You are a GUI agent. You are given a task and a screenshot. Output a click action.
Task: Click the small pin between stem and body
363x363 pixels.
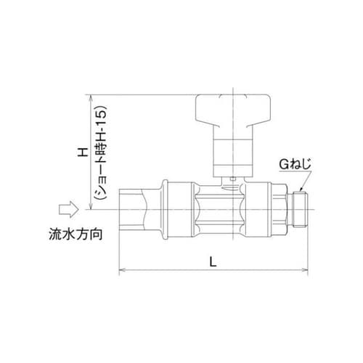pos(230,179)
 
